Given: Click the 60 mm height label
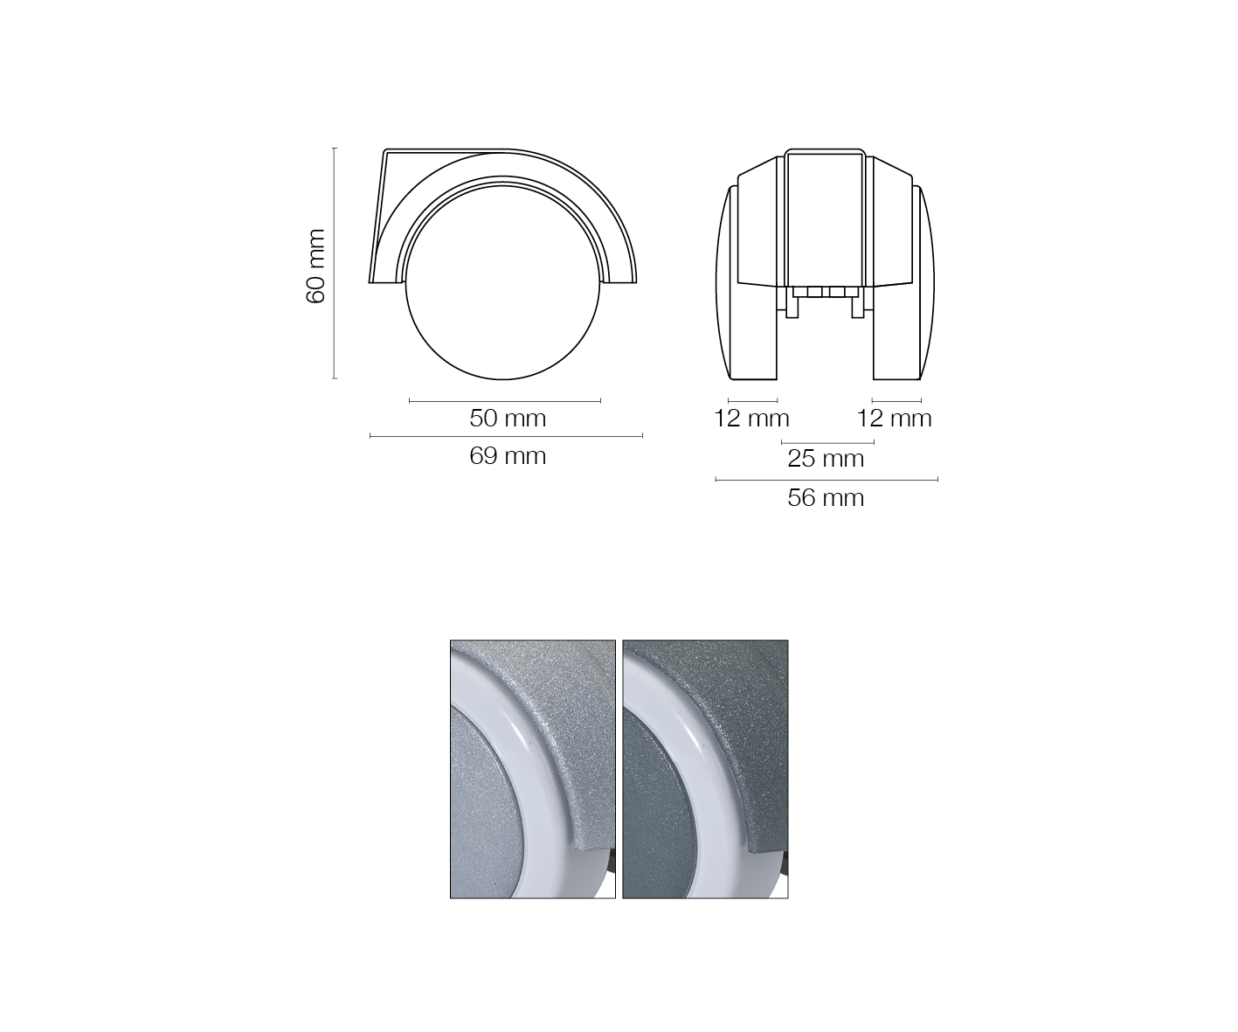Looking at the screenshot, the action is (315, 267).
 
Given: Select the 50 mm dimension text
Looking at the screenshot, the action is (508, 419).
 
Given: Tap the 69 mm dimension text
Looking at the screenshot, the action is (508, 456).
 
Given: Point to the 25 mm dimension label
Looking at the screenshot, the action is (826, 459).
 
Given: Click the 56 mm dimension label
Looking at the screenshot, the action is (826, 497).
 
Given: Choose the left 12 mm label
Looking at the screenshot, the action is (751, 419).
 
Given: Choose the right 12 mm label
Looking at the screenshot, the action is (894, 419).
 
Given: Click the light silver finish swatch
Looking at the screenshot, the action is (532, 769).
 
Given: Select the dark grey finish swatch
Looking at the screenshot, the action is (705, 769).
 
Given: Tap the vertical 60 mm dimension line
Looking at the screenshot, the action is (335, 263).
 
